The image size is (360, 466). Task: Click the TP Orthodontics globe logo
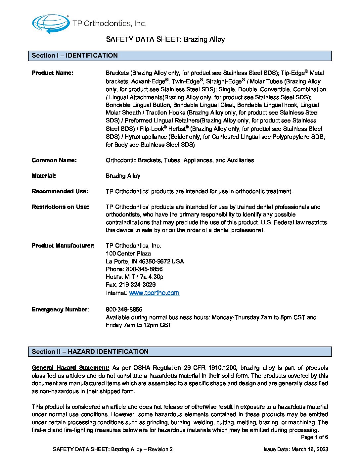(51, 23)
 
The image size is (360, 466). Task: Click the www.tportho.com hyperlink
(154, 293)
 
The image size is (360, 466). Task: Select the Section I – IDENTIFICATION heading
(75, 56)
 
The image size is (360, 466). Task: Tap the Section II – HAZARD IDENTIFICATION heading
(90, 352)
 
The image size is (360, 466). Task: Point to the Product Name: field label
(53, 73)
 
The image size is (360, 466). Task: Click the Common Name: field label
(54, 160)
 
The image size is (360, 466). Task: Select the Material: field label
(44, 176)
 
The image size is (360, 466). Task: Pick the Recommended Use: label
(60, 191)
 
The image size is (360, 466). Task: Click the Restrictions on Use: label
(60, 207)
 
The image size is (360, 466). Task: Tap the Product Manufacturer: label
(63, 246)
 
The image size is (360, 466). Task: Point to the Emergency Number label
(60, 309)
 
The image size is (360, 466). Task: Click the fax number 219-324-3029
(137, 285)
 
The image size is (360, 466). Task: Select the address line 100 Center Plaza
(128, 254)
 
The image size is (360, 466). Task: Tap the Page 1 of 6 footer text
(314, 437)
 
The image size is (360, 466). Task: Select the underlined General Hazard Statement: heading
(70, 368)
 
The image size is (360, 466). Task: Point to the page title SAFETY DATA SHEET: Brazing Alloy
(165, 39)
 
